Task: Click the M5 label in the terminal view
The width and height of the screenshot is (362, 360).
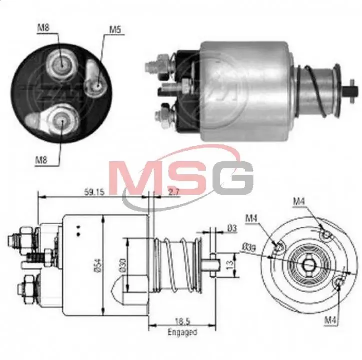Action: pos(115,30)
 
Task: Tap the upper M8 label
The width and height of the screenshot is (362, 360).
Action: pos(43,28)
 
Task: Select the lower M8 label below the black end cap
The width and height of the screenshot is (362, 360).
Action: pos(41,160)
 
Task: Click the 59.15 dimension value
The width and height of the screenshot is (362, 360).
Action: pos(94,192)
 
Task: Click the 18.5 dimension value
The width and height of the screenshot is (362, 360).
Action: pos(182,321)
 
